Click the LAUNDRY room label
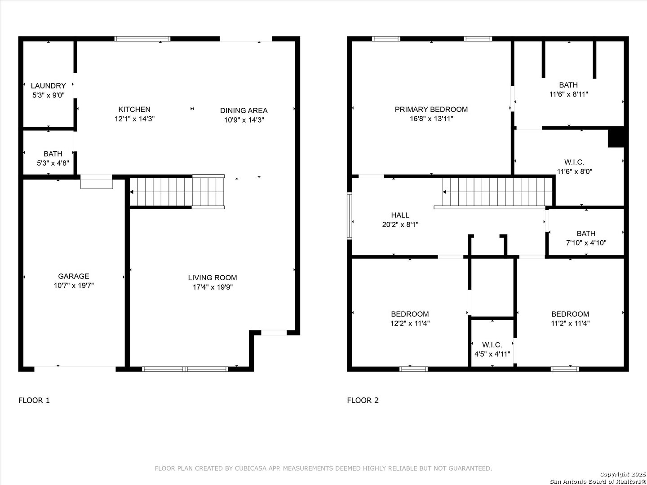click(49, 86)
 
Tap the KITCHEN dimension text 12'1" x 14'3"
click(134, 119)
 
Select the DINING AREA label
click(244, 110)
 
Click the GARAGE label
click(73, 276)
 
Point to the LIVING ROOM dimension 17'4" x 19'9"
click(213, 287)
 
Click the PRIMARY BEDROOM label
click(431, 109)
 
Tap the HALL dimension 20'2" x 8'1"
click(400, 225)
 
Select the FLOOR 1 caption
click(34, 401)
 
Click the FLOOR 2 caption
click(363, 401)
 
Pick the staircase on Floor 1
click(177, 192)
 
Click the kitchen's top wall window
click(142, 39)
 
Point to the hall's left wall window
click(350, 216)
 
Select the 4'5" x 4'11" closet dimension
click(492, 354)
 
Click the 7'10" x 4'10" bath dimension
click(586, 243)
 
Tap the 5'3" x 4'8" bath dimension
click(53, 163)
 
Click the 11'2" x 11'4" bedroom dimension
click(570, 323)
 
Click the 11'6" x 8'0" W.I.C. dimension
click(575, 172)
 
